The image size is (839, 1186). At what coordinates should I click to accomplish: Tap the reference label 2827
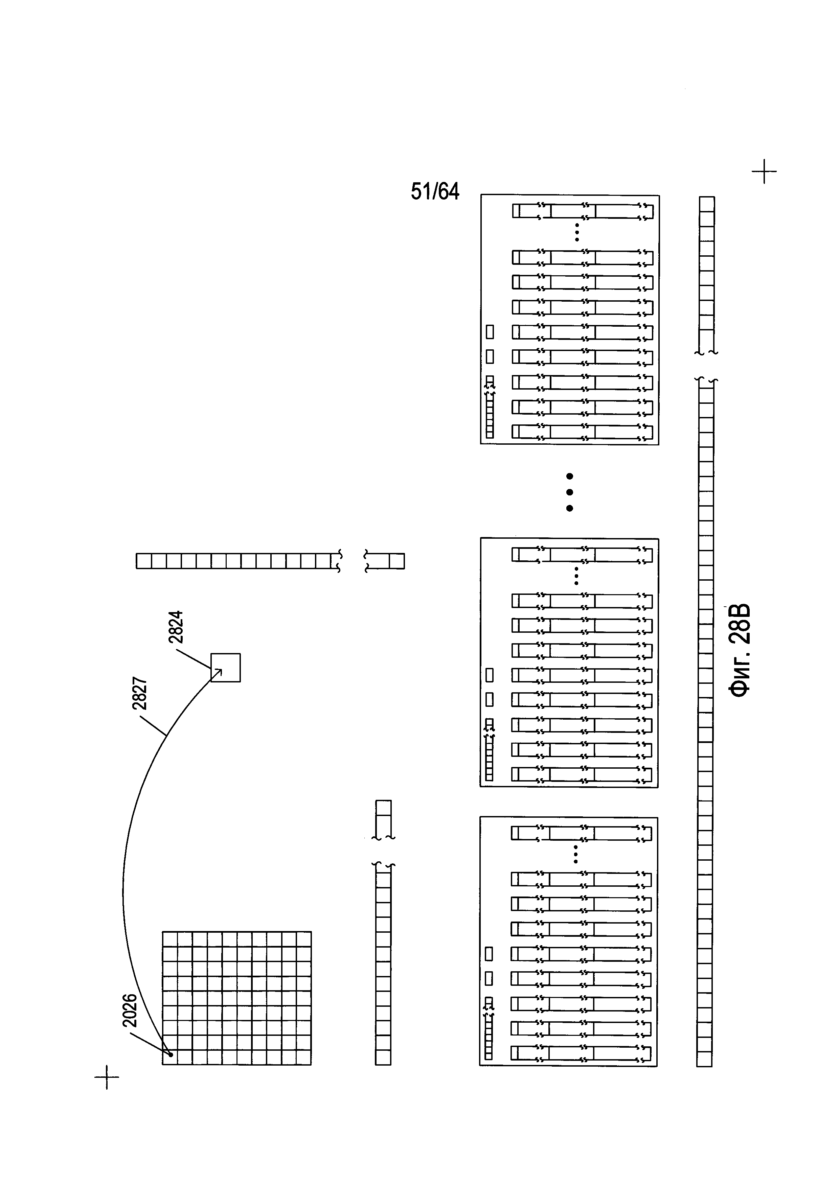140,694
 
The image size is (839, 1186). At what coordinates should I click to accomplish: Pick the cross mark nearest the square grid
107,1077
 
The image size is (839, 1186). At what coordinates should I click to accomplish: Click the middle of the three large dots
570,492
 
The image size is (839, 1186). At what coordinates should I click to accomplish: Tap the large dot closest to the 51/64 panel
570,476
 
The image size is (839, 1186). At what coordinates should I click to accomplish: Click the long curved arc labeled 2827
124,878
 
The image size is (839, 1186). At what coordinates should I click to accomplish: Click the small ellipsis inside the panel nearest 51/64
577,232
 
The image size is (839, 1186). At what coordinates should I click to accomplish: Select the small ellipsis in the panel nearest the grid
576,855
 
